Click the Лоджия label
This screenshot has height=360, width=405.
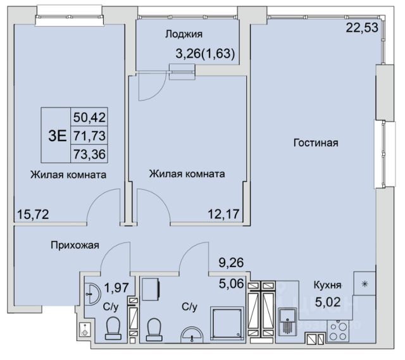184,34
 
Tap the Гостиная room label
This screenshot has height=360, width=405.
316,143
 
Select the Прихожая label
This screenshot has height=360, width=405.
75,245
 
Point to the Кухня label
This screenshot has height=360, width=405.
328,285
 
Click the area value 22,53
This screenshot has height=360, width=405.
362,28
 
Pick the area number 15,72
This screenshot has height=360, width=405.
33,214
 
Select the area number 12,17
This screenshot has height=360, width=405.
223,214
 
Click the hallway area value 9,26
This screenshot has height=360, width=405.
231,263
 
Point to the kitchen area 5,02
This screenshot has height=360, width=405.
328,302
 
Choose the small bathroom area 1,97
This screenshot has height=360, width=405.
116,287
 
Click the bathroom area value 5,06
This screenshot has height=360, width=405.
232,284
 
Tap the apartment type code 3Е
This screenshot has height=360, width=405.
58,136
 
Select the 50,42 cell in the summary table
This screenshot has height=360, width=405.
89,118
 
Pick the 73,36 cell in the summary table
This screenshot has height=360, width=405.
89,154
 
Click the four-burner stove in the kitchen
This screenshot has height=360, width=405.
339,332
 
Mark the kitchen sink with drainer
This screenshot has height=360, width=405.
287,321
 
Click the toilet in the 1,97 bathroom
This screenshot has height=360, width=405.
113,328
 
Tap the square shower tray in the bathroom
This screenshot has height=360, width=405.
227,323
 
